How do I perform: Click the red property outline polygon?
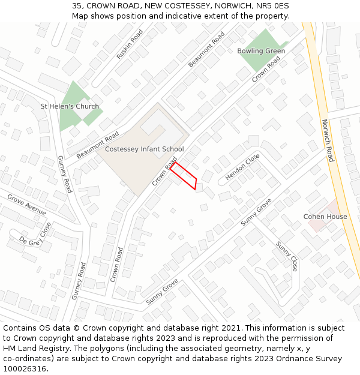pyautogui.click(x=184, y=175)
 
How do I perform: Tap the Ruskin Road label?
pyautogui.click(x=130, y=44)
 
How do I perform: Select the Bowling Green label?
pyautogui.click(x=261, y=51)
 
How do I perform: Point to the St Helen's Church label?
pyautogui.click(x=70, y=106)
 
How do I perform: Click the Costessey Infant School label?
pyautogui.click(x=144, y=149)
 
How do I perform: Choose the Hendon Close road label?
pyautogui.click(x=242, y=167)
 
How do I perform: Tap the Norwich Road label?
pyautogui.click(x=327, y=140)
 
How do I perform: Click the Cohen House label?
pyautogui.click(x=325, y=217)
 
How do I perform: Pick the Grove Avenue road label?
pyautogui.click(x=26, y=205)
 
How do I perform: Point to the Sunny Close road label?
pyautogui.click(x=286, y=256)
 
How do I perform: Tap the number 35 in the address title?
pyautogui.click(x=77, y=5)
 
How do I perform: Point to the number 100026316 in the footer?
pyautogui.click(x=25, y=369)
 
